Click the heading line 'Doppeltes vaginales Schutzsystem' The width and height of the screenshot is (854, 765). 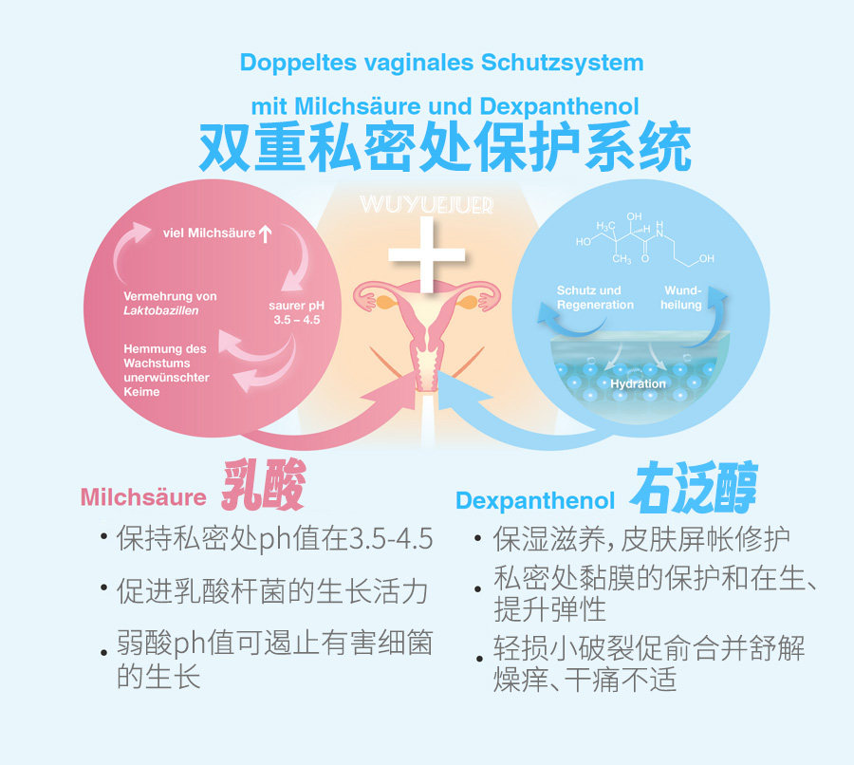[x=441, y=63]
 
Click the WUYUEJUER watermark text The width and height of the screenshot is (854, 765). [x=427, y=204]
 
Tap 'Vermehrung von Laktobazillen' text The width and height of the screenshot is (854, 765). [x=171, y=303]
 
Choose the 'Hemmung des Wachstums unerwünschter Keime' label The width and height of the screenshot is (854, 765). [x=165, y=370]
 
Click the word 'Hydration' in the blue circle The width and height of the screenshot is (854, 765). [x=638, y=383]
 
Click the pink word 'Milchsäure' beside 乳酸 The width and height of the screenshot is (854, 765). [x=143, y=496]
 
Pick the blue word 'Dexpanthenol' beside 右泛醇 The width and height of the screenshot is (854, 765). [x=535, y=500]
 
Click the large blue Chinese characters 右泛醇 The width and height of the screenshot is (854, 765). [x=696, y=489]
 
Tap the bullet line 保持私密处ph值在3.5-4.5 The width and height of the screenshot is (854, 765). [x=274, y=540]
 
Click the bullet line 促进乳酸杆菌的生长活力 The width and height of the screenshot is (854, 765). [x=272, y=592]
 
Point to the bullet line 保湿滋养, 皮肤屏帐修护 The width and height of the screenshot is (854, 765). [x=641, y=540]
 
